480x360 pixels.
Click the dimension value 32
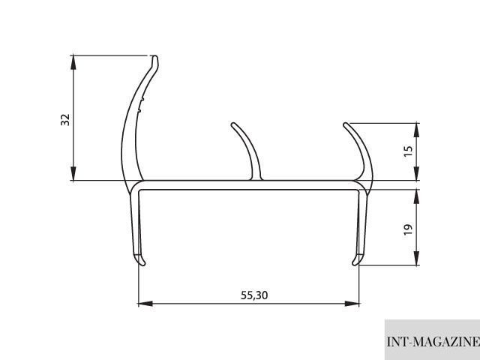coord(65,120)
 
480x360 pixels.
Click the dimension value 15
coord(408,151)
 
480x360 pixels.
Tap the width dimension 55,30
coord(254,295)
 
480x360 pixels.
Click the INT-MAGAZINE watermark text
coord(433,341)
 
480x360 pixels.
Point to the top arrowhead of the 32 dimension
coord(73,62)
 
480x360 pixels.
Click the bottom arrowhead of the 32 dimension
coord(73,173)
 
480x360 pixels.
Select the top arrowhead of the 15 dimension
coord(416,130)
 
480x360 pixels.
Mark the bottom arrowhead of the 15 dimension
coord(416,173)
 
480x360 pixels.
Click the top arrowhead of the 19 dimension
coord(416,196)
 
